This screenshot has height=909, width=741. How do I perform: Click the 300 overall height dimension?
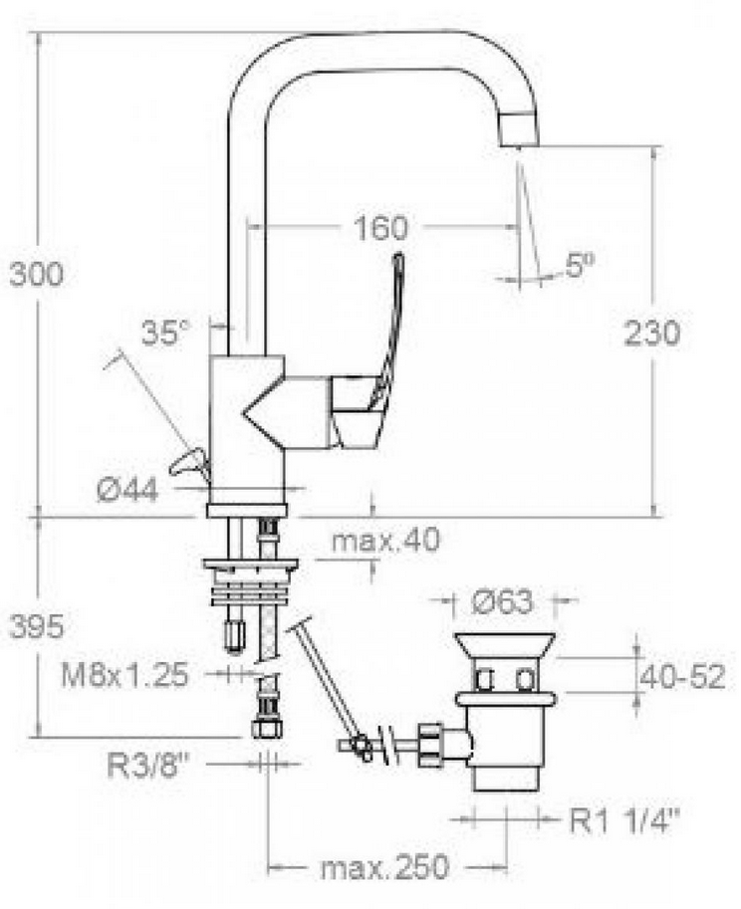[36, 274]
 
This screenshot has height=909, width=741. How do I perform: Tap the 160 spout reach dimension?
[380, 227]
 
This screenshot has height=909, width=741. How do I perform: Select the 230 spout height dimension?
[651, 333]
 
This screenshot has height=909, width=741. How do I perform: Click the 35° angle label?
[166, 333]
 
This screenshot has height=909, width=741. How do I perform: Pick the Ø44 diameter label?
[127, 491]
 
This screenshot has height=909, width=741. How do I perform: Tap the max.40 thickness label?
[386, 541]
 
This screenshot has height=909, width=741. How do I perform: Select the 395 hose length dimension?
[36, 626]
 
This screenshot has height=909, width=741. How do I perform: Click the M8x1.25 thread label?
[125, 675]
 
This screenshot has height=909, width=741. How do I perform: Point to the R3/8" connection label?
[149, 766]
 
